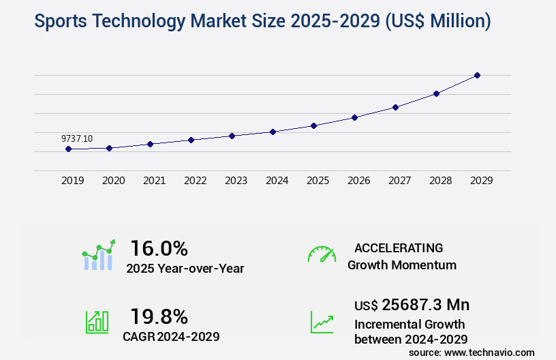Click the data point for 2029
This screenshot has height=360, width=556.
[x=477, y=75]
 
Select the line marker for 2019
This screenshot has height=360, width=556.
[x=68, y=149]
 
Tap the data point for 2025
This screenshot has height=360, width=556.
[x=313, y=125]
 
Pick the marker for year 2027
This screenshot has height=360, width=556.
[x=395, y=107]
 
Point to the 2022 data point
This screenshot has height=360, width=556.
[x=191, y=140]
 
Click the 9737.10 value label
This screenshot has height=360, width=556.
[x=77, y=138]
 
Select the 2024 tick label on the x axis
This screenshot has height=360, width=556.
[x=277, y=181]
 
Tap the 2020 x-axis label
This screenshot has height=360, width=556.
[x=113, y=181]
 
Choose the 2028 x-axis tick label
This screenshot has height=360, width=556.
[x=440, y=181]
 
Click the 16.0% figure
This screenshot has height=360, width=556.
[x=159, y=247]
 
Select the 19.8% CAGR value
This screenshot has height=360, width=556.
[x=159, y=316]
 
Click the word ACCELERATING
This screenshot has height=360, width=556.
[x=399, y=247]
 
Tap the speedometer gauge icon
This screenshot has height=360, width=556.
[x=322, y=254]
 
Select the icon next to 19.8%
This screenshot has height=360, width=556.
[x=97, y=322]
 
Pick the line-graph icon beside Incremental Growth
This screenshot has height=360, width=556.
[x=322, y=322]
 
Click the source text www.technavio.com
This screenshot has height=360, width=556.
[x=490, y=352]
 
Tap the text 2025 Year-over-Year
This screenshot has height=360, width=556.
[x=185, y=268]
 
